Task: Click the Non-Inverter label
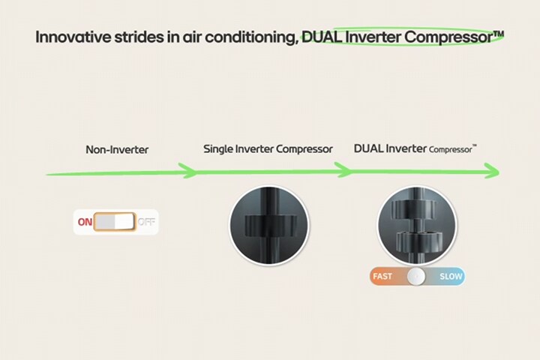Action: point(117,149)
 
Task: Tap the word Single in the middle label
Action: point(218,148)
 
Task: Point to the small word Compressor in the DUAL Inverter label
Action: point(450,149)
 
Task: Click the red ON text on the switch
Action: point(85,222)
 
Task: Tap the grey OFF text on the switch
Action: point(146,222)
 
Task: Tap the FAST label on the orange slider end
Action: point(382,276)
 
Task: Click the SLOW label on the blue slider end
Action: point(451,276)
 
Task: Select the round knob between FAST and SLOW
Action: point(416,276)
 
